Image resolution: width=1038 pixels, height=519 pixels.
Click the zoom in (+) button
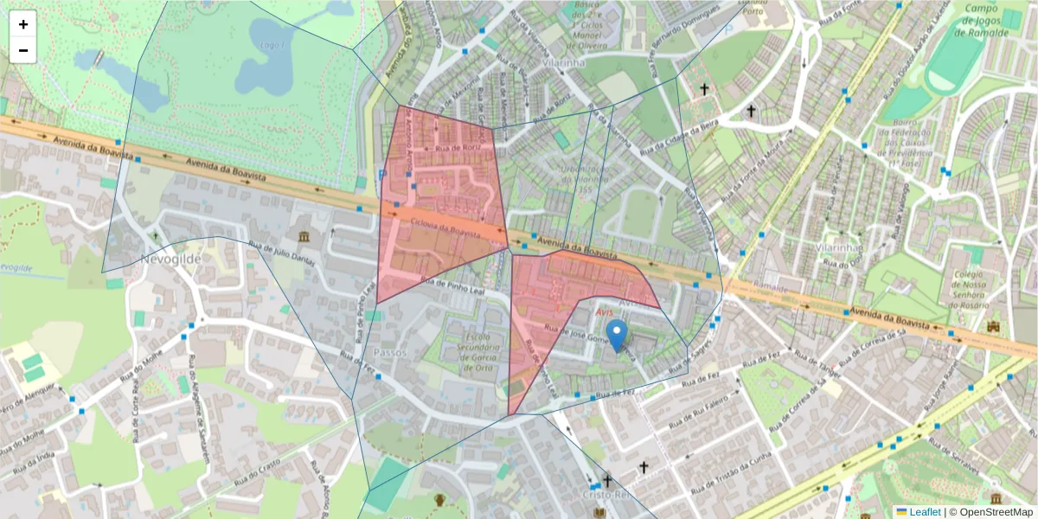pyautogui.click(x=23, y=24)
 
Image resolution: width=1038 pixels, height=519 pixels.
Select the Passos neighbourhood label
pyautogui.click(x=389, y=353)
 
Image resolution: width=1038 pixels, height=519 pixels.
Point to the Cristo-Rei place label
pyautogui.click(x=608, y=495)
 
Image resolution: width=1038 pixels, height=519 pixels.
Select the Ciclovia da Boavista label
pyautogui.click(x=445, y=228)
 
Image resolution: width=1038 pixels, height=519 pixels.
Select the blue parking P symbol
pyautogui.click(x=381, y=175)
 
